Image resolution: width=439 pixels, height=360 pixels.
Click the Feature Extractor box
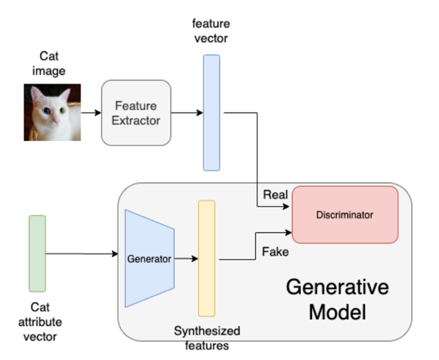[136, 113]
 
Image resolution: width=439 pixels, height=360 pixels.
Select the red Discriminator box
[344, 215]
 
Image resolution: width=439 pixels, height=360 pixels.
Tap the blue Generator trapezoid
[149, 258]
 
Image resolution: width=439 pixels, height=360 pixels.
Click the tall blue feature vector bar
[211, 113]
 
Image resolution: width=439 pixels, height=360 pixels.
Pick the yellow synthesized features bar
[206, 258]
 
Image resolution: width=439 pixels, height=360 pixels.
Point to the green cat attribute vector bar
[37, 253]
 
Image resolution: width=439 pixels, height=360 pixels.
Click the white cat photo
[52, 112]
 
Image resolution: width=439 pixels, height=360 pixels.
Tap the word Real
[275, 196]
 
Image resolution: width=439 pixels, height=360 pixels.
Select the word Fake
[275, 252]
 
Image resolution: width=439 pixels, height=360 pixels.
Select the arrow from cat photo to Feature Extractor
[90, 112]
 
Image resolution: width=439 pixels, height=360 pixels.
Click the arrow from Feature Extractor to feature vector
[186, 112]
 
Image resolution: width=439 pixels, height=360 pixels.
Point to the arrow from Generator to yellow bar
[186, 259]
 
